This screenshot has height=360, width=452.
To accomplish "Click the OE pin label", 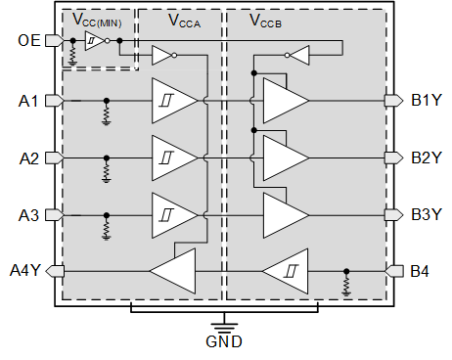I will (x=30, y=40).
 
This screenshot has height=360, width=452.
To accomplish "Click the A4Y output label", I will (x=26, y=270).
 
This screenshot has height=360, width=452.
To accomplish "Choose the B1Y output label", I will (x=427, y=100).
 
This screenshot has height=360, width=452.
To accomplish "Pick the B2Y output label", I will (x=427, y=157).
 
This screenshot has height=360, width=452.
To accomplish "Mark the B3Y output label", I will (x=427, y=213).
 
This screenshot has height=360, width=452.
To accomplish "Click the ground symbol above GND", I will (x=225, y=324).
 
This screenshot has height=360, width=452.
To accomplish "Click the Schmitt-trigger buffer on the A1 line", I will (x=172, y=100).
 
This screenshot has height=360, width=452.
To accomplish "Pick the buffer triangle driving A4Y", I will (x=173, y=270).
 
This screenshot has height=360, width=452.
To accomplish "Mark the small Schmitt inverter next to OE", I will (x=93, y=40).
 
